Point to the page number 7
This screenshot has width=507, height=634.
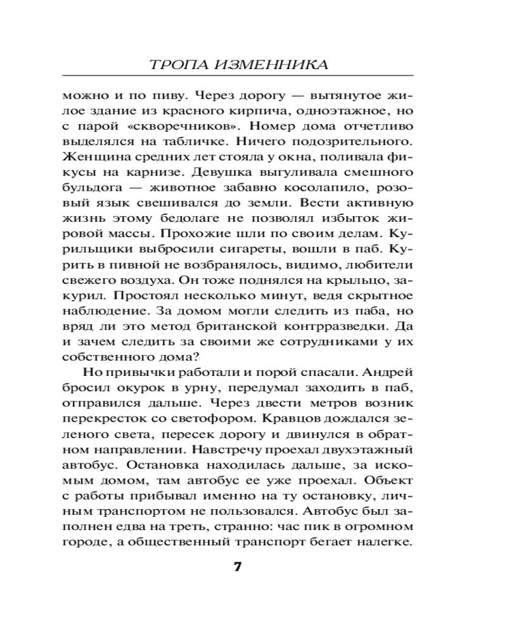tap(238, 566)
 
